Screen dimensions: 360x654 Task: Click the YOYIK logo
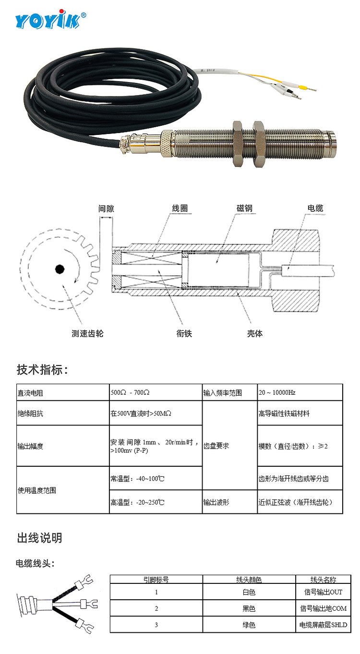coord(50,19)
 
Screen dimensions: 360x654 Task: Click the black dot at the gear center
coord(60,269)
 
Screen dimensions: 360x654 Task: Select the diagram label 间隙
coord(106,208)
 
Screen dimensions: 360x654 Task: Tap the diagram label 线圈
coord(180,208)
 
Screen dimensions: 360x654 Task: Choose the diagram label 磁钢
coord(244,208)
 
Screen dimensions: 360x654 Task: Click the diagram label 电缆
coord(315,208)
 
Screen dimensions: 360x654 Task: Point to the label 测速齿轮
coord(87,333)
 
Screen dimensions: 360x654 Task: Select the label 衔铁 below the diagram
coord(184,333)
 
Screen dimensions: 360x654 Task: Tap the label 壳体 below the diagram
coord(254,333)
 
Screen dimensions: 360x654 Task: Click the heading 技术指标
coord(43,370)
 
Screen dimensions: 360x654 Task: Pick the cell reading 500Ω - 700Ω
coord(130,392)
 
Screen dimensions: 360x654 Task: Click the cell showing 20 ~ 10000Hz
coord(277,392)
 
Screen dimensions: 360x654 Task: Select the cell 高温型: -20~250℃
coord(137,502)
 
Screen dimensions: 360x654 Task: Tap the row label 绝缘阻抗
coord(30,413)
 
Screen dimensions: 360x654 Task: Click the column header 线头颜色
coord(249,580)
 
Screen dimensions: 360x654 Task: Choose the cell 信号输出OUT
coord(323,592)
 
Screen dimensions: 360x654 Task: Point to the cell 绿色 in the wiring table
coord(249,625)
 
